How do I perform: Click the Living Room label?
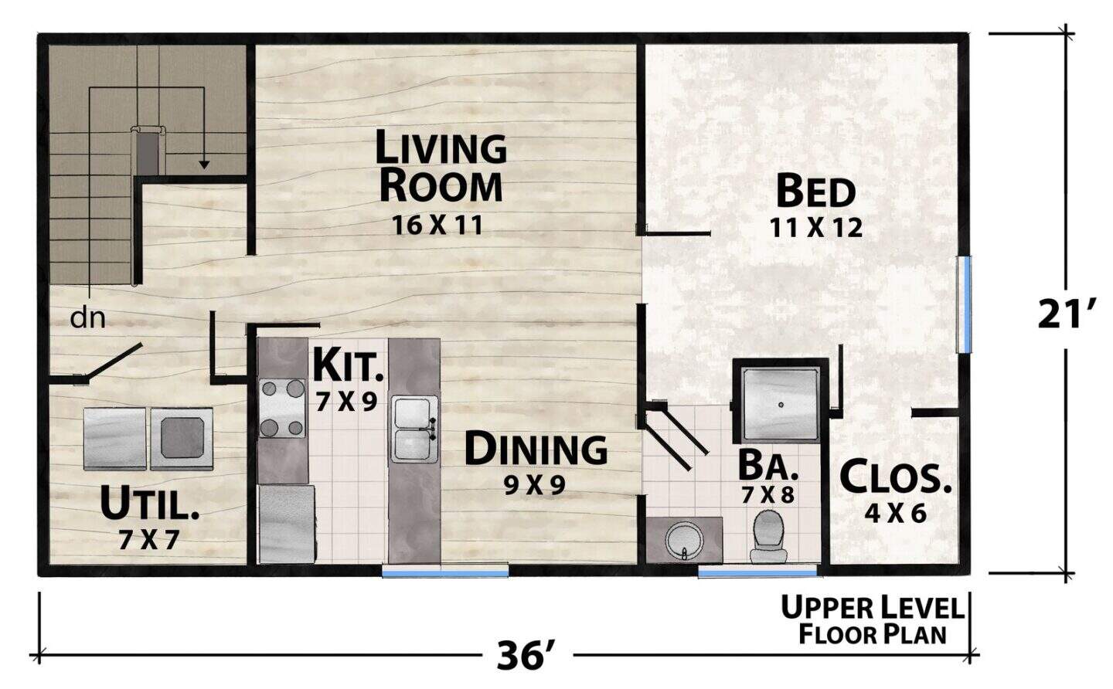(441, 166)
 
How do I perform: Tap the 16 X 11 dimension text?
(437, 226)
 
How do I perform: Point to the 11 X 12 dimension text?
(816, 228)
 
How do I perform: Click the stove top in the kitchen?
(281, 408)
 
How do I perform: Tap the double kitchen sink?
(414, 429)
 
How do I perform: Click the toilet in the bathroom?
(768, 536)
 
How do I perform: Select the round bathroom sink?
(685, 540)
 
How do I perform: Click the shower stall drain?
(781, 405)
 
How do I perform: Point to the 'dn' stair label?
(88, 318)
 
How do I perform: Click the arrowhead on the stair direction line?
(204, 165)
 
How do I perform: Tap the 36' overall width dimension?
(526, 656)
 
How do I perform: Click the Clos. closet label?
(895, 477)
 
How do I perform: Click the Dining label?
(535, 449)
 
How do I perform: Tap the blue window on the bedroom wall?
(965, 304)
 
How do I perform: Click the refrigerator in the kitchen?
(288, 524)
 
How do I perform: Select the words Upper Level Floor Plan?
(872, 620)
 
